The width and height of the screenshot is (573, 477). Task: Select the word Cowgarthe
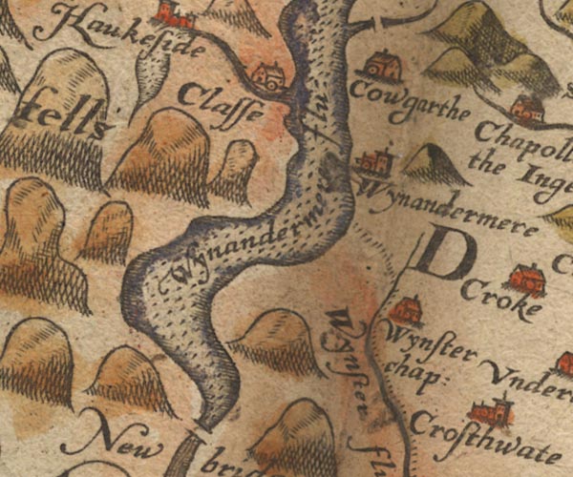click(398, 96)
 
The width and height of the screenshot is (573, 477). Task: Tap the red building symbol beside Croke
click(526, 279)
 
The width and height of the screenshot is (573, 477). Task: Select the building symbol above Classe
click(266, 73)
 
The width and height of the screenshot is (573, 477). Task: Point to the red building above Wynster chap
click(407, 310)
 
